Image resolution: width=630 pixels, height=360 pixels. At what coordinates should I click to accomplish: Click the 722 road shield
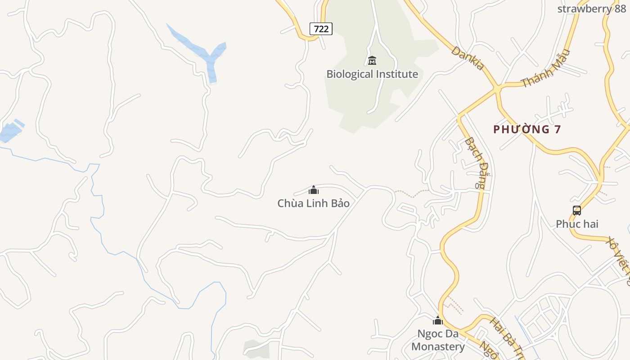(321, 29)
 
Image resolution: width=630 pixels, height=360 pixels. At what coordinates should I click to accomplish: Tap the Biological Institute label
(372, 74)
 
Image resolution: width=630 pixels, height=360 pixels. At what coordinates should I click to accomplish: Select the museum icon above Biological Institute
(372, 60)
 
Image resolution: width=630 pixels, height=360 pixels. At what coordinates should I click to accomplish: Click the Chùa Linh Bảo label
(314, 203)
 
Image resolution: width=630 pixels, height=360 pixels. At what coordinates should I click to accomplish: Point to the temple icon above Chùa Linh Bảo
(314, 190)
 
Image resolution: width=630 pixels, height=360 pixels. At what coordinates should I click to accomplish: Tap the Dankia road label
(468, 58)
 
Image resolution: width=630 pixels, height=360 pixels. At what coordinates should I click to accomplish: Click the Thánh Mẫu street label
(545, 68)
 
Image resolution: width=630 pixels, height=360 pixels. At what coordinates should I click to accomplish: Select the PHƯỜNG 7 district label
(527, 130)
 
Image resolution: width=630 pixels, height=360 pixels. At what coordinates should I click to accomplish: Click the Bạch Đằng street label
(476, 162)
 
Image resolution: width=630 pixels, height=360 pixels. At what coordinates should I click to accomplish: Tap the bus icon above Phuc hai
(577, 210)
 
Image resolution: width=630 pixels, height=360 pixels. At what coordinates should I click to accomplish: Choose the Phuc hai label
(577, 224)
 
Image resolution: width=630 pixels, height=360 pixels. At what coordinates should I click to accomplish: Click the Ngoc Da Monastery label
(438, 340)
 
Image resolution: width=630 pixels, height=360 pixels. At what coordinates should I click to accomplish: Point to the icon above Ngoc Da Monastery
(438, 321)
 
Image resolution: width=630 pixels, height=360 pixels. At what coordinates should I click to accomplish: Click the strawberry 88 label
(591, 9)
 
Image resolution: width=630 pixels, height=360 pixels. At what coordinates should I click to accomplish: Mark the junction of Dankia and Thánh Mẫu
(497, 87)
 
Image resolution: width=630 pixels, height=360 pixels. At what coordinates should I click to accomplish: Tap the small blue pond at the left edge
(10, 131)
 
